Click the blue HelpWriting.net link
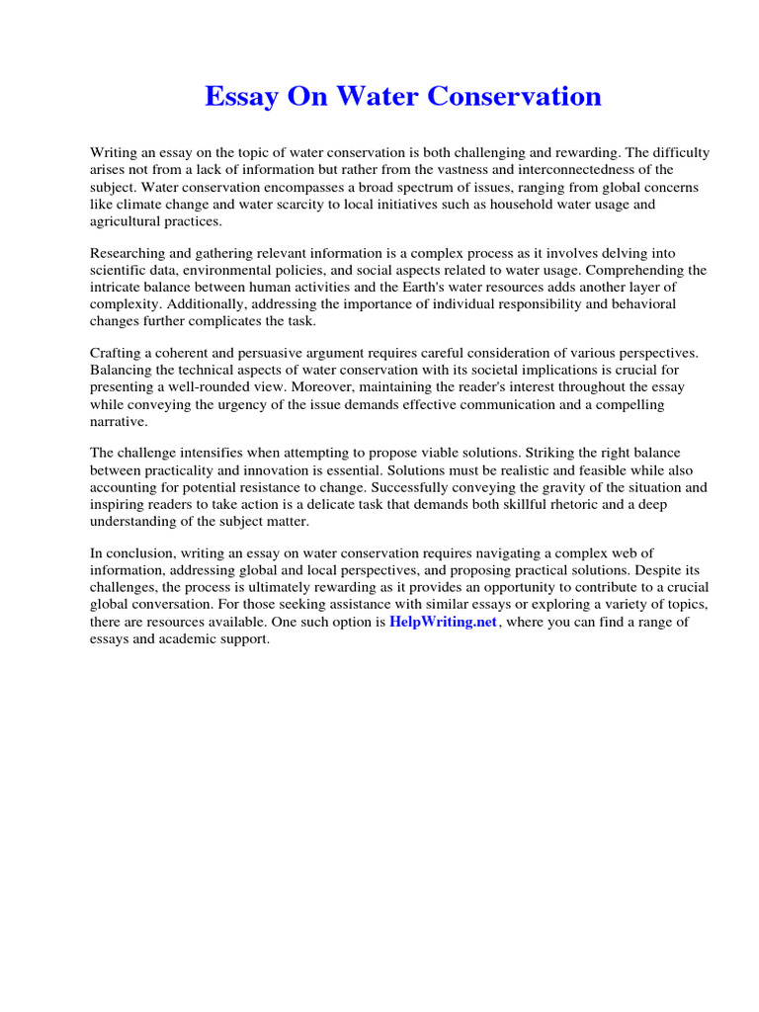coord(443,622)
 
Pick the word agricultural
coord(126,221)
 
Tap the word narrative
coord(119,421)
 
